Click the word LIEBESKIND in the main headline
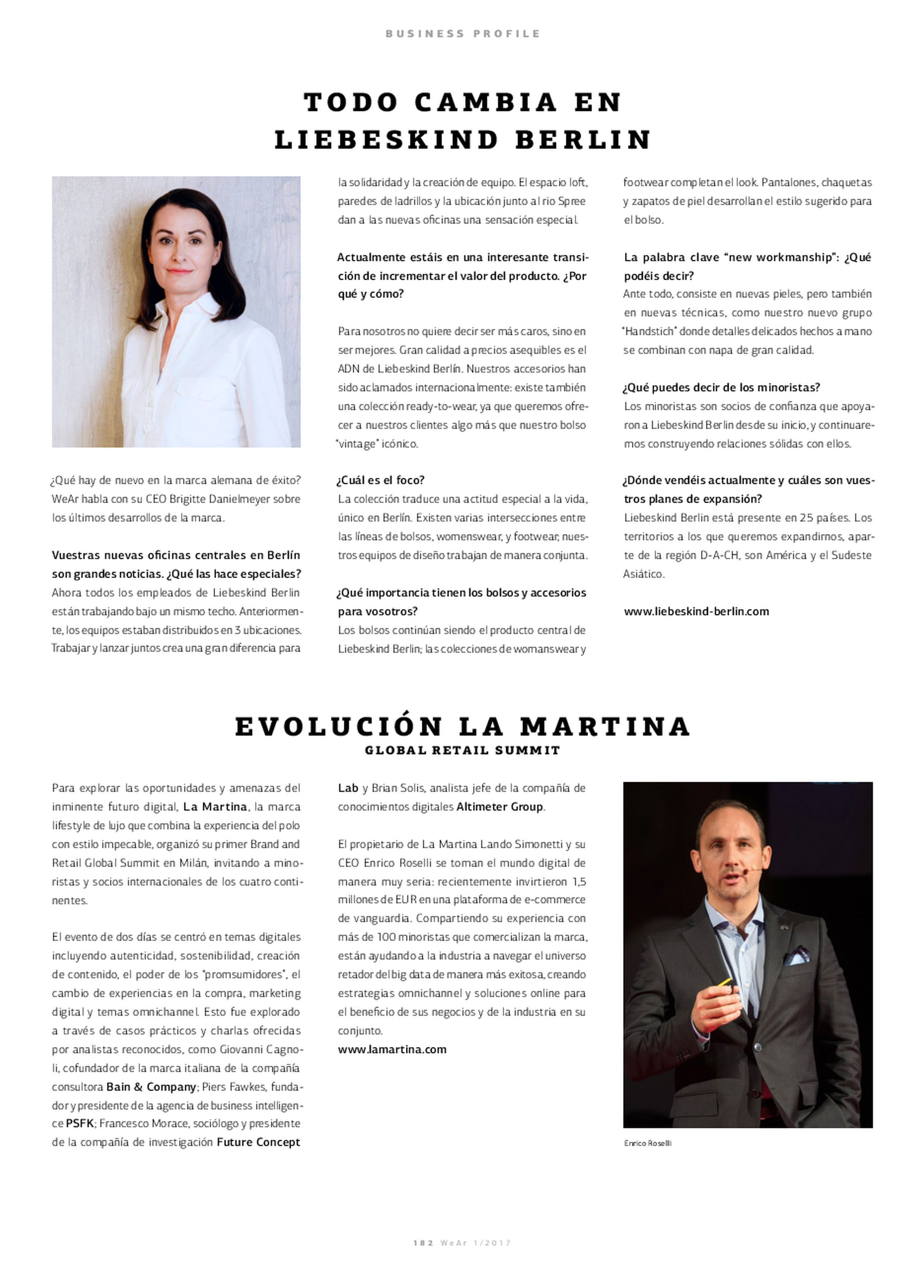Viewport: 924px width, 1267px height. tap(386, 140)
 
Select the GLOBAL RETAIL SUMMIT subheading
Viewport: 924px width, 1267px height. tap(462, 751)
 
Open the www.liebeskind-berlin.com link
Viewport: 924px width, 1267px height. tap(696, 612)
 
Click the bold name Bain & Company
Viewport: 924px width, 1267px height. tap(151, 1087)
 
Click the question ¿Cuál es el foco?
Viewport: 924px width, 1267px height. tap(381, 480)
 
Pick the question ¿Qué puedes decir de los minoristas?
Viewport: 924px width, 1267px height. tap(722, 387)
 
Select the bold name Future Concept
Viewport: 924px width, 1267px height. tap(259, 1142)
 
